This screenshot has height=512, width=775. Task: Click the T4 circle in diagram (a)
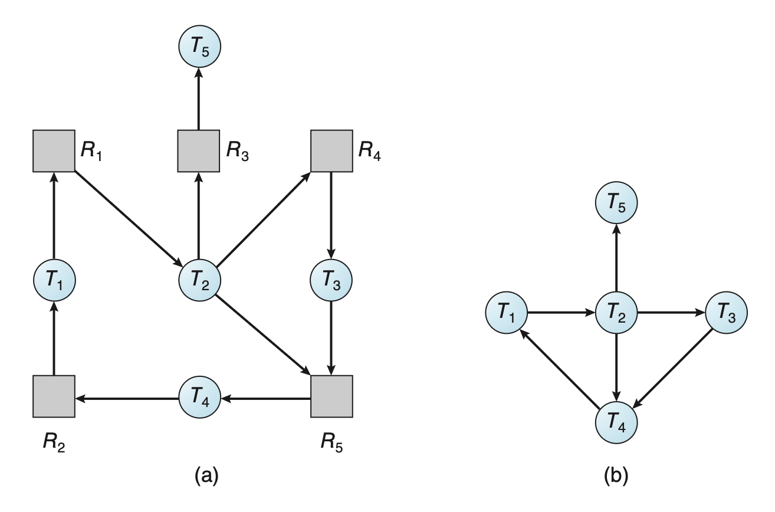point(199,399)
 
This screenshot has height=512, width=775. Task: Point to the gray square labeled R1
point(54,150)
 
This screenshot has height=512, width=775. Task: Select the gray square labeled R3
point(199,150)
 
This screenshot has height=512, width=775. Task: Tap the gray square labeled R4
point(331,150)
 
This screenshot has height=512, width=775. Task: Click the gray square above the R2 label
point(54,396)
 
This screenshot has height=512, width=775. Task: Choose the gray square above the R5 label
point(331,396)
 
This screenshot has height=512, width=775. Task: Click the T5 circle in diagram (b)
point(616,204)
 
